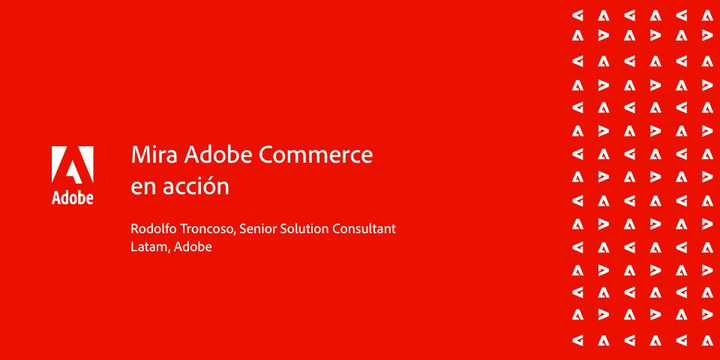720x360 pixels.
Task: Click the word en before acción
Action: (142, 187)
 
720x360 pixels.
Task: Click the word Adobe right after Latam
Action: (193, 247)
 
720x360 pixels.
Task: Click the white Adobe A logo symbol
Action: (73, 165)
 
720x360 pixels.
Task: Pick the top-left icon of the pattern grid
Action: (577, 16)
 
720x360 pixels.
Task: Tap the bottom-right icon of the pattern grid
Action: (707, 340)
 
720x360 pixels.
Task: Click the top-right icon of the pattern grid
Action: (707, 16)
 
